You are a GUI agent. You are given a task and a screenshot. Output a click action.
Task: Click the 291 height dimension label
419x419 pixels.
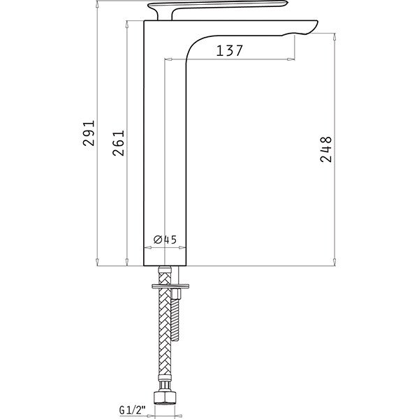(89, 133)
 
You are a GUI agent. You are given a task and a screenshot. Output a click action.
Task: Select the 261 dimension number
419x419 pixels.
(119, 143)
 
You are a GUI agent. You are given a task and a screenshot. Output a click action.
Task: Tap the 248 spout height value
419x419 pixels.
(325, 149)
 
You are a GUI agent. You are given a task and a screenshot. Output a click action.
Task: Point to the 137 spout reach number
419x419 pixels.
(230, 50)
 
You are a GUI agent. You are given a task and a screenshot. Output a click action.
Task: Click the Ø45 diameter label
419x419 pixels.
(165, 240)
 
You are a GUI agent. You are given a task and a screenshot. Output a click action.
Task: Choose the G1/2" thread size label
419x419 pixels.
(132, 410)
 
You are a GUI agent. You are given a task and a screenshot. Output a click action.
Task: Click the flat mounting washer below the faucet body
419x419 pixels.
(170, 286)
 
